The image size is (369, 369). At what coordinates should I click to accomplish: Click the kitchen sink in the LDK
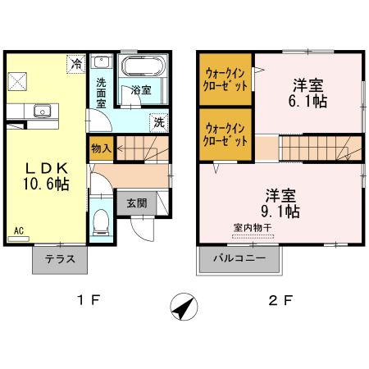pyautogui.click(x=43, y=112)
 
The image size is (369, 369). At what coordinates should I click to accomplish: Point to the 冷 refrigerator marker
pyautogui.click(x=76, y=63)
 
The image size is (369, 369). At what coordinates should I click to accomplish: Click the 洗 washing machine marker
pyautogui.click(x=158, y=121)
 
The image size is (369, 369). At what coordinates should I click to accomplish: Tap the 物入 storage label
pyautogui.click(x=100, y=150)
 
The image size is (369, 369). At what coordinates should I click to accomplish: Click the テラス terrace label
pyautogui.click(x=60, y=259)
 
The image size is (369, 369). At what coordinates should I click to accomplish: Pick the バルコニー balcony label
pyautogui.click(x=239, y=258)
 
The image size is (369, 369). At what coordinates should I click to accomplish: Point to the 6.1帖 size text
pyautogui.click(x=309, y=102)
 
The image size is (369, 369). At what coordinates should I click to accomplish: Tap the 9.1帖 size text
pyautogui.click(x=281, y=212)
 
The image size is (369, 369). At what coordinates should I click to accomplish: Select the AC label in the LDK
pyautogui.click(x=17, y=232)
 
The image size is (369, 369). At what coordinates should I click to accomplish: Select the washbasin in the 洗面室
pyautogui.click(x=101, y=63)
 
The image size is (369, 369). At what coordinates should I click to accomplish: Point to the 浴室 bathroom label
pyautogui.click(x=142, y=89)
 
